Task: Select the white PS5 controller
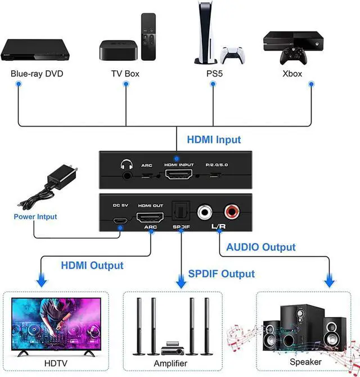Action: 232,55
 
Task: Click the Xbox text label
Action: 292,73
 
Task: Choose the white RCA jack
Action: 205,213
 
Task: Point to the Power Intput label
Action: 35,217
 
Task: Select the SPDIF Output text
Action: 220,274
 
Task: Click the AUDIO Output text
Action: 260,247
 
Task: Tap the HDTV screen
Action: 56,319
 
